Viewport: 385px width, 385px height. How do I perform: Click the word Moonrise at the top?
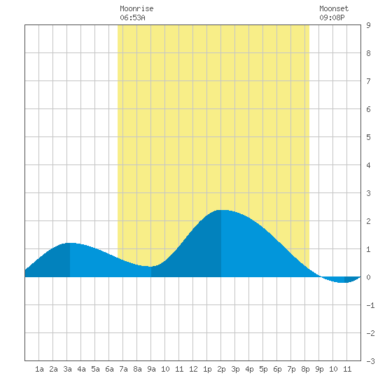pyautogui.click(x=136, y=8)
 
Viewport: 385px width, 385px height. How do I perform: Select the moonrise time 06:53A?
pyautogui.click(x=132, y=17)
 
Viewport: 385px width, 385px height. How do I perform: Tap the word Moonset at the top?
pyautogui.click(x=334, y=8)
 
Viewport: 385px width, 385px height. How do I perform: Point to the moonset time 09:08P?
pyautogui.click(x=332, y=17)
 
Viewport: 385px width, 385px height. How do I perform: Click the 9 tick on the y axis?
pyautogui.click(x=368, y=25)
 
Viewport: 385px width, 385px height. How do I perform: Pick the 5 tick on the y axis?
pyautogui.click(x=368, y=137)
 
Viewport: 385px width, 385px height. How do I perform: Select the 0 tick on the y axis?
pyautogui.click(x=368, y=277)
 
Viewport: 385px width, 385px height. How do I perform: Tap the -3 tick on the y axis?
pyautogui.click(x=370, y=361)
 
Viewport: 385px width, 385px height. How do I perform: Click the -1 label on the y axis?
pyautogui.click(x=370, y=305)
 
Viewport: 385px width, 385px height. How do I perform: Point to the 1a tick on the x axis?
pyautogui.click(x=39, y=369)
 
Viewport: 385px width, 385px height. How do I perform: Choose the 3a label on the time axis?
pyautogui.click(x=67, y=369)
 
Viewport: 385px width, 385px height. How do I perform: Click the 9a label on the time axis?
pyautogui.click(x=151, y=369)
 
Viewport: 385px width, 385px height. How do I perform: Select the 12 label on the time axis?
pyautogui.click(x=193, y=369)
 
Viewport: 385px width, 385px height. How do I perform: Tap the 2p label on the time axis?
pyautogui.click(x=221, y=369)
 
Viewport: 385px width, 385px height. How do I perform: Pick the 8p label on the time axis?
pyautogui.click(x=305, y=369)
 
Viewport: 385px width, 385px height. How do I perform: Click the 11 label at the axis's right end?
pyautogui.click(x=347, y=369)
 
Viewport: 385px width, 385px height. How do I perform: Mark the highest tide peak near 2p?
pyautogui.click(x=221, y=210)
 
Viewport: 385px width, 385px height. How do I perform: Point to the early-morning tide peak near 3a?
pyautogui.click(x=70, y=243)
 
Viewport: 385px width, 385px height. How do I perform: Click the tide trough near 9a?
pyautogui.click(x=150, y=267)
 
